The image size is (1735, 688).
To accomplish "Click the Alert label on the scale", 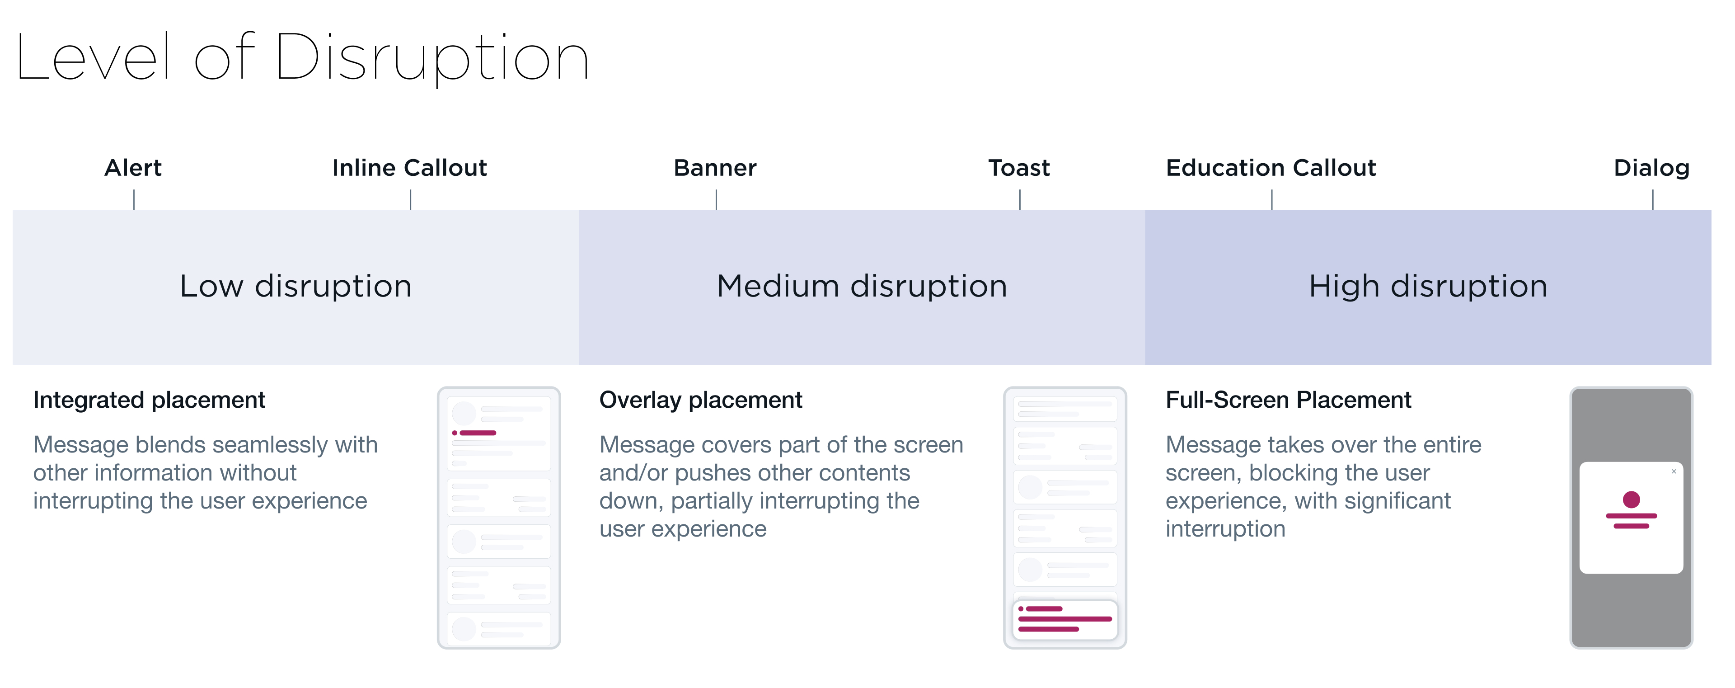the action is (x=133, y=168).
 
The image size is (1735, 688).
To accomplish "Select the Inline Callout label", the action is (x=409, y=168).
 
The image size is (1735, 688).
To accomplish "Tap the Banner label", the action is (x=715, y=168).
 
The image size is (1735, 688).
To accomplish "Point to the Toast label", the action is (x=1019, y=168).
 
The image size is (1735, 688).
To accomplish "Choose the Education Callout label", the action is (x=1271, y=168).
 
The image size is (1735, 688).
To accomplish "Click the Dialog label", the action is (x=1651, y=168).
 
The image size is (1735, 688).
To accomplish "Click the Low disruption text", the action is (x=295, y=287).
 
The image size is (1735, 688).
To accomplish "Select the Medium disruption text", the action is (x=862, y=287).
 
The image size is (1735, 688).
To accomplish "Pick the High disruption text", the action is (x=1428, y=287).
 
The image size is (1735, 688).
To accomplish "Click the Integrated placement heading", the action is (x=150, y=400).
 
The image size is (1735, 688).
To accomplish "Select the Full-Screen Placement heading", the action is (x=1289, y=400).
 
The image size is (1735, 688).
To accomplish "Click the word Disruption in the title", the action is (x=432, y=59).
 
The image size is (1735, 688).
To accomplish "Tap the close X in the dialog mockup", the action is (x=1674, y=471).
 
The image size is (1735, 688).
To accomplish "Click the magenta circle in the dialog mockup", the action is (x=1631, y=500).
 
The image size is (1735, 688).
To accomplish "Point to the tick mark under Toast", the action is (x=1020, y=199).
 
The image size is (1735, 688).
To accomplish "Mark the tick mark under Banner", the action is (x=716, y=199).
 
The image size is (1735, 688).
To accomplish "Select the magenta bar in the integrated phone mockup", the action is (x=478, y=433).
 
